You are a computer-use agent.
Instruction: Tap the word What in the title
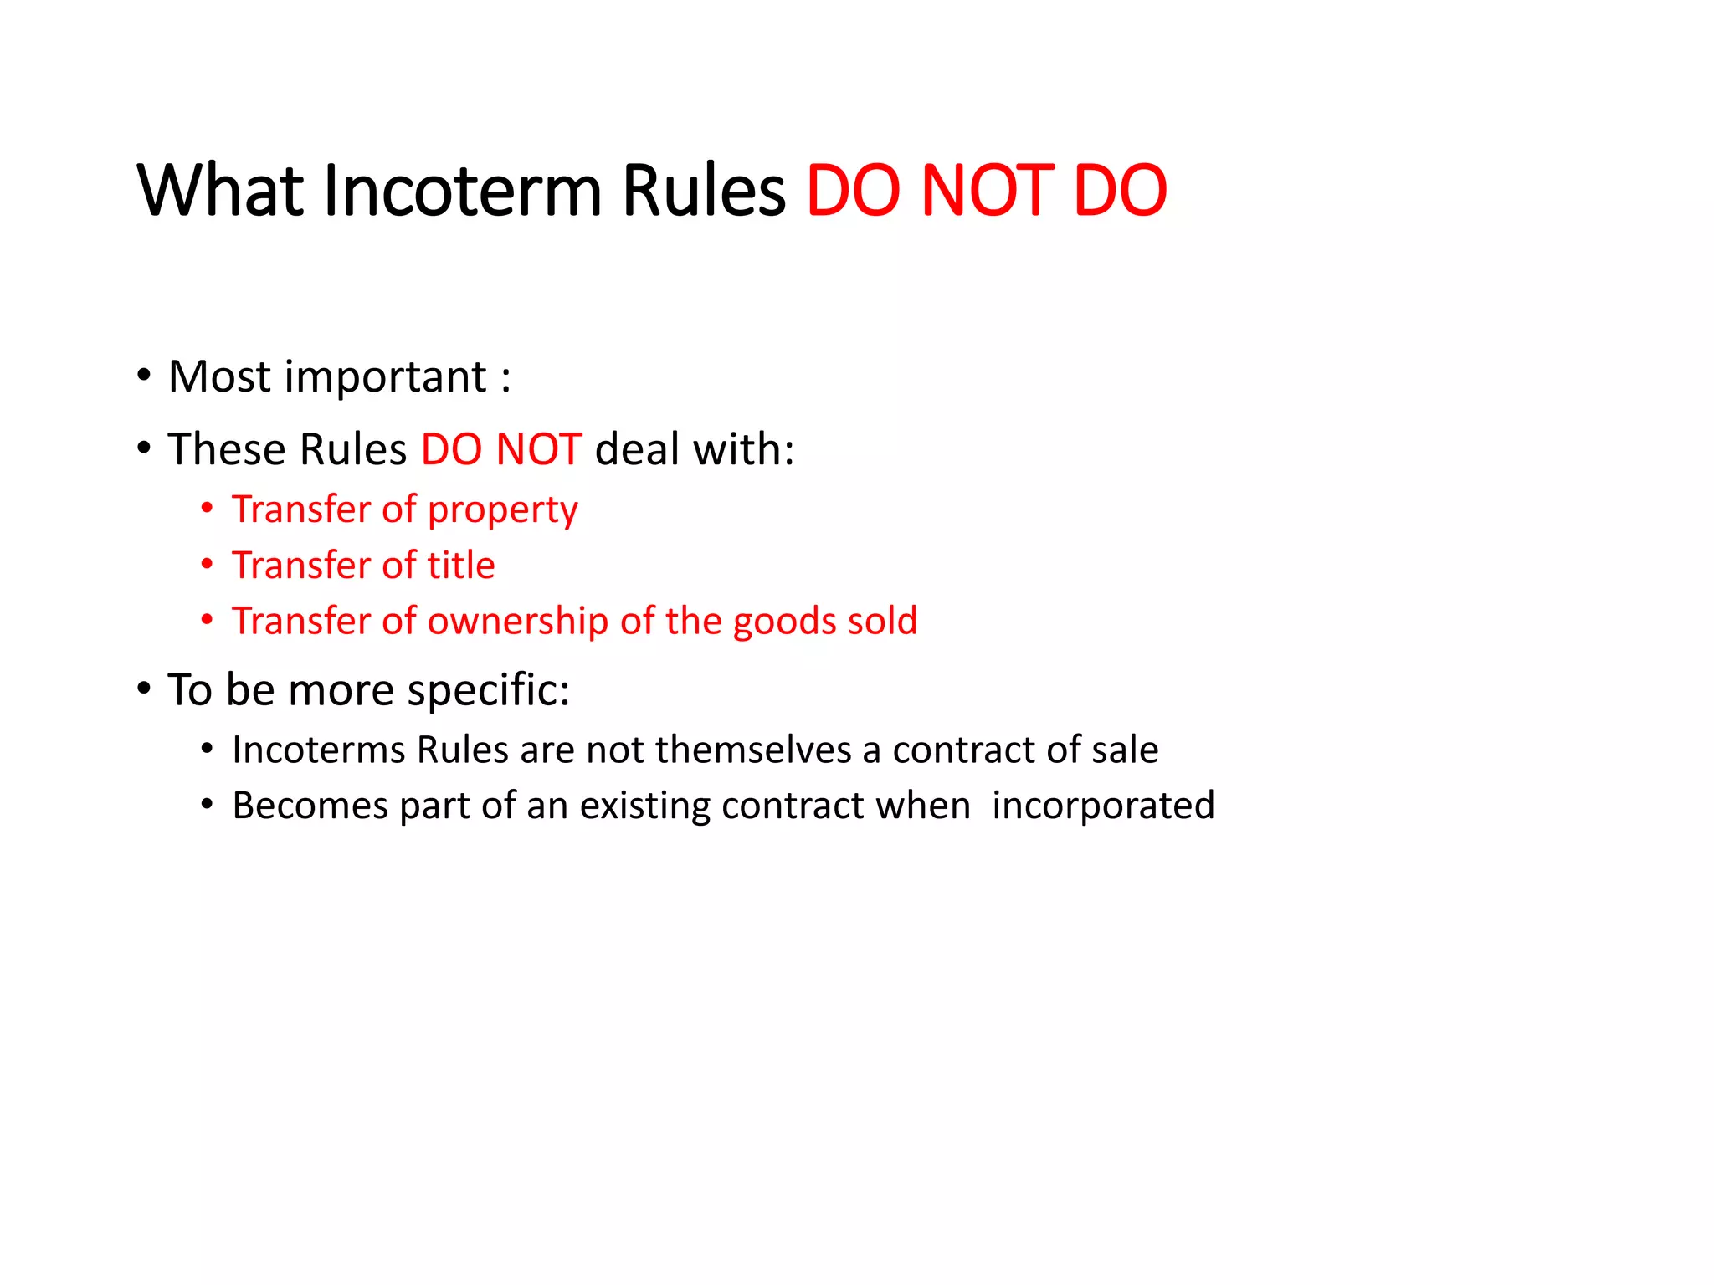pyautogui.click(x=219, y=191)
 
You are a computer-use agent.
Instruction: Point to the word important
pyautogui.click(x=385, y=377)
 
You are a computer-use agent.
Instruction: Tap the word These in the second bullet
pyautogui.click(x=227, y=449)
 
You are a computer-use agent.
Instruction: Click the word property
pyautogui.click(x=502, y=510)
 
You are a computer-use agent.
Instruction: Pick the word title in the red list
pyautogui.click(x=461, y=566)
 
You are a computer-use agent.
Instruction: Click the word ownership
pyautogui.click(x=518, y=622)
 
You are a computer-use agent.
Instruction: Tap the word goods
pyautogui.click(x=784, y=622)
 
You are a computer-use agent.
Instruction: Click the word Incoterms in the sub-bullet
pyautogui.click(x=319, y=750)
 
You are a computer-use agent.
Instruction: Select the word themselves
pyautogui.click(x=753, y=750)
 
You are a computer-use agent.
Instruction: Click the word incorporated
pyautogui.click(x=1103, y=806)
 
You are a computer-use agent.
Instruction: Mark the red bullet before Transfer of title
pyautogui.click(x=207, y=565)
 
